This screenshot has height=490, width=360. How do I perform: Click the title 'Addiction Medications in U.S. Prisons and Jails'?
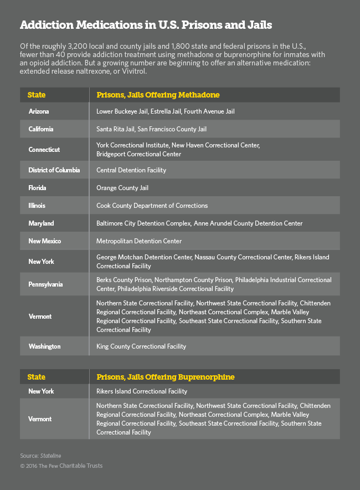point(146,25)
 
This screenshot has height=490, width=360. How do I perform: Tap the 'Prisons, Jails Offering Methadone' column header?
point(158,95)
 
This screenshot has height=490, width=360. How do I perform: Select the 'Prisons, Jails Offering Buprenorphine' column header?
point(165,377)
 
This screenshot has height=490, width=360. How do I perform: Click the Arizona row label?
point(38,111)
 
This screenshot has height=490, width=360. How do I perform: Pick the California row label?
point(41,129)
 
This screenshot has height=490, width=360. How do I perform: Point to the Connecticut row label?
point(44,150)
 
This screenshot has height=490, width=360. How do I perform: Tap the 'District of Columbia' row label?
point(54,170)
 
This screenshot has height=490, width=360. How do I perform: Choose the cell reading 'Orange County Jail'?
point(122,188)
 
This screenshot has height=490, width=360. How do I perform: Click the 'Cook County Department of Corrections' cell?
point(152,206)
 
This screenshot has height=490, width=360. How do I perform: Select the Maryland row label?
point(41,223)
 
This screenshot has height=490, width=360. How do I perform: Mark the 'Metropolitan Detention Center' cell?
point(139,241)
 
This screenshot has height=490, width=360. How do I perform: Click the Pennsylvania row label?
point(45,284)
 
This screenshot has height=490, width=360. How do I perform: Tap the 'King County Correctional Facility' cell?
point(141,346)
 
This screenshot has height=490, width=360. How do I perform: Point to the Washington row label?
point(44,346)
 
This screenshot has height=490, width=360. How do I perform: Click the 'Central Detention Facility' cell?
point(131,170)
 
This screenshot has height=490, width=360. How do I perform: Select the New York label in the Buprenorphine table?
point(41,391)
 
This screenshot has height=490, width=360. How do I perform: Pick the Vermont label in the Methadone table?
point(40,317)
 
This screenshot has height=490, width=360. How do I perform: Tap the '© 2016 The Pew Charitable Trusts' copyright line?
point(61,466)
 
